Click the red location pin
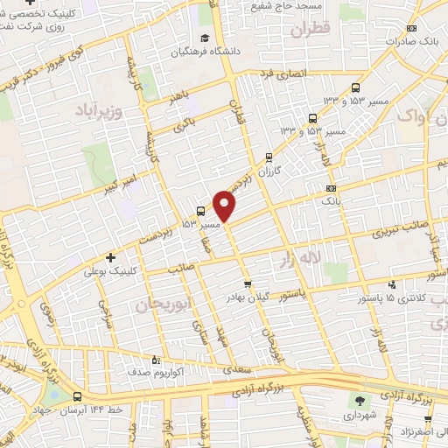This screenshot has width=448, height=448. point(225,205)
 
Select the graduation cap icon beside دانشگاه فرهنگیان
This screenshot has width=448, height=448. point(204,38)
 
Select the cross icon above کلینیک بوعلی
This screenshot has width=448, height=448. point(109,258)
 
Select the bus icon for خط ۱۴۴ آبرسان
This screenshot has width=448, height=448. point(78,396)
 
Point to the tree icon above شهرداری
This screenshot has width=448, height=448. point(358,401)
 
